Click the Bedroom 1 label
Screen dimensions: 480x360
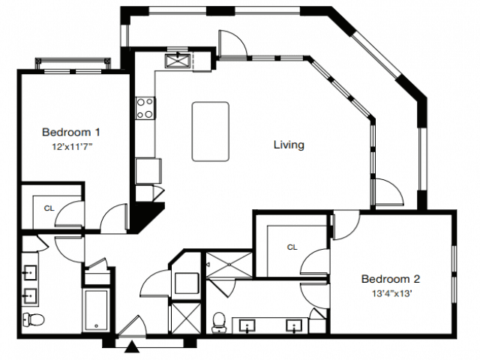click(71, 132)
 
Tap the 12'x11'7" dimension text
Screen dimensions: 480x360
click(72, 147)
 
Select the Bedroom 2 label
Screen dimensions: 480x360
click(391, 279)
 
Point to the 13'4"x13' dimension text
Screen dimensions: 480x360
click(391, 294)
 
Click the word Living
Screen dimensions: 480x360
click(289, 145)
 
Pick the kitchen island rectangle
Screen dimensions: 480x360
click(210, 131)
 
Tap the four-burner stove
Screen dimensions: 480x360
click(145, 108)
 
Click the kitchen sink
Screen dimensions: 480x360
click(178, 60)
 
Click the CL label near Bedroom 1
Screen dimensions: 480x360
click(49, 208)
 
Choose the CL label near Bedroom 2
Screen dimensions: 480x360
click(292, 247)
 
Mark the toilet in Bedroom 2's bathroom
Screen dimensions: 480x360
click(218, 322)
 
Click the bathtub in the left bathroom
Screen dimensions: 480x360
click(96, 310)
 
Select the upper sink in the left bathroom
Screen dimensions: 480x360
click(30, 272)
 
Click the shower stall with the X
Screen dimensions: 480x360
click(229, 265)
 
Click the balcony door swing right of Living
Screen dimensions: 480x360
click(389, 192)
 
